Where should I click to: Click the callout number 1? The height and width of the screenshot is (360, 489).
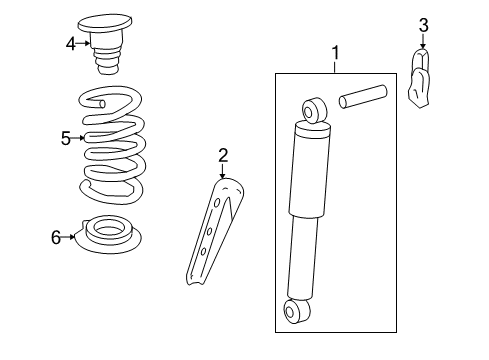point(336,52)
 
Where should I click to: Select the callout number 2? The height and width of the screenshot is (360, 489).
point(223,154)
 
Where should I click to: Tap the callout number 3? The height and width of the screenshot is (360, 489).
point(423,25)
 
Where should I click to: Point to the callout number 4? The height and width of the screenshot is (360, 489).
point(71,43)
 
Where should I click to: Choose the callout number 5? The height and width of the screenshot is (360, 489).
point(66,138)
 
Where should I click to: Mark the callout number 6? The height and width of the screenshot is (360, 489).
point(57,237)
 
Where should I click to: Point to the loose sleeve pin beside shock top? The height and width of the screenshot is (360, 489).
point(361,100)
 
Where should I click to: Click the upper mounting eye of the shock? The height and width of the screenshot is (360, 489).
point(313,107)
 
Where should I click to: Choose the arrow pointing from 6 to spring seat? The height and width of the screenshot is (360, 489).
point(70,237)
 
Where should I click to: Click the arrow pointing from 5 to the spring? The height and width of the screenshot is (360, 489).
point(79,138)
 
